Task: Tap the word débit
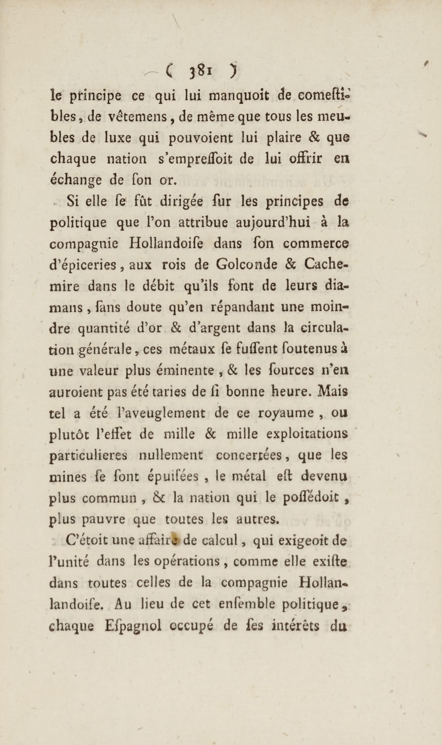161,286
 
